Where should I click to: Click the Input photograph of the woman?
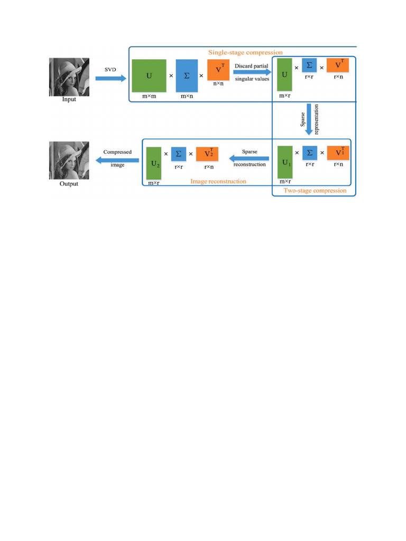(69, 77)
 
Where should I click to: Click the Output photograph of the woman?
(68, 161)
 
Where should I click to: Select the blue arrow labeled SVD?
(111, 78)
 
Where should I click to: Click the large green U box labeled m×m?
(149, 76)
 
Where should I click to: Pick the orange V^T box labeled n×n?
(218, 70)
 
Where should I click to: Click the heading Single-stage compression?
(245, 52)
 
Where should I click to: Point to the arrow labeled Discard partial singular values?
(253, 72)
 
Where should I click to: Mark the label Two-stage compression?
(315, 190)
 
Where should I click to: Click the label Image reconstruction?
(218, 181)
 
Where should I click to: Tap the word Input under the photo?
(69, 99)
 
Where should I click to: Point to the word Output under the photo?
(68, 184)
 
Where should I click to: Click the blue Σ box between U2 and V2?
(179, 154)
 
